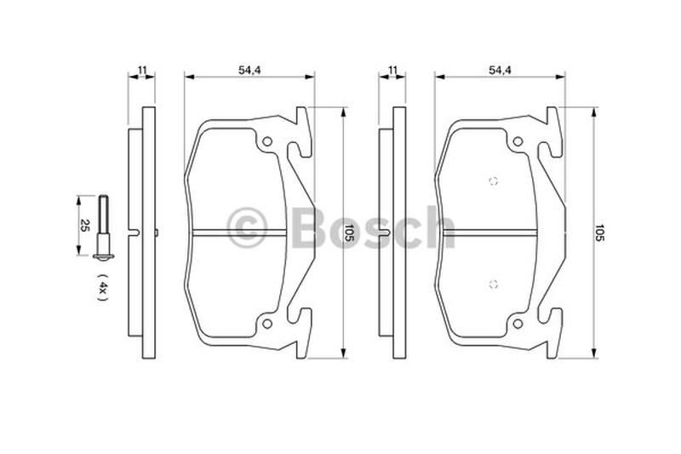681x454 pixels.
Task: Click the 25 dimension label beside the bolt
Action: [x=85, y=226]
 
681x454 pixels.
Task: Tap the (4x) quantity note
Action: [x=103, y=288]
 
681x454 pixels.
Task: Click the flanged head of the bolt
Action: [x=104, y=256]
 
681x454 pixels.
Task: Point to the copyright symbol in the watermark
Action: [x=247, y=227]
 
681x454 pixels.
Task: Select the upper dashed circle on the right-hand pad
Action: [x=493, y=181]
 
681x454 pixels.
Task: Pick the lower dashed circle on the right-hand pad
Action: [x=493, y=284]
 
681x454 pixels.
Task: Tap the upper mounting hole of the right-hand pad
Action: [x=518, y=141]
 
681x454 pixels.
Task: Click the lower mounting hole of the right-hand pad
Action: [x=518, y=324]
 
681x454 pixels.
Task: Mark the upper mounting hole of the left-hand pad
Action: [x=267, y=141]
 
